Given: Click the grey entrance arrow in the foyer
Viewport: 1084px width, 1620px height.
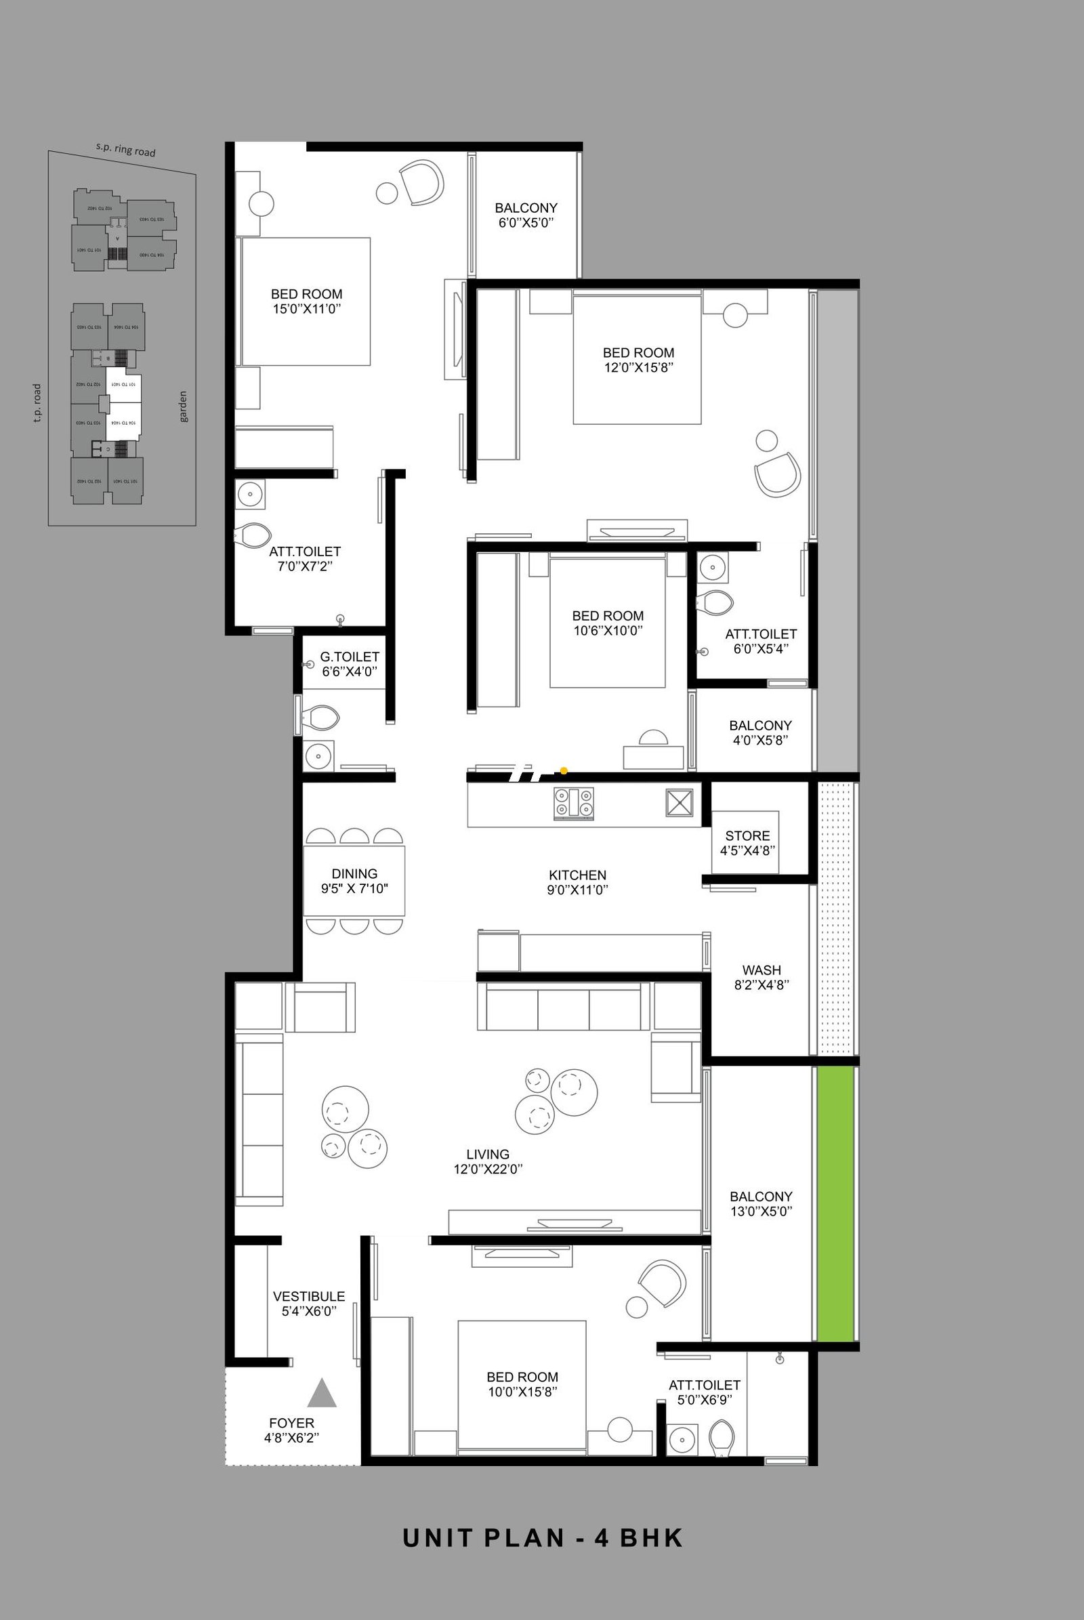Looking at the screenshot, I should [321, 1393].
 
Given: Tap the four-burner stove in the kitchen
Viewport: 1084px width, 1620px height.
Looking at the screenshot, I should [574, 804].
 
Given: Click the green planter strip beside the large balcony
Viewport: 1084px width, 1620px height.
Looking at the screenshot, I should [837, 1203].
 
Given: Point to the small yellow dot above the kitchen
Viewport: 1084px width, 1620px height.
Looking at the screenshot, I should [564, 770].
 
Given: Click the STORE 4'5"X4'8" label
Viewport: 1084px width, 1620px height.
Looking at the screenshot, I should [747, 844].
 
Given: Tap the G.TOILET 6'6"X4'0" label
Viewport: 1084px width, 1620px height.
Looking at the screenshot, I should [349, 664].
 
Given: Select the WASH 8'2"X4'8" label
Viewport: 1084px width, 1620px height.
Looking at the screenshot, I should [761, 978].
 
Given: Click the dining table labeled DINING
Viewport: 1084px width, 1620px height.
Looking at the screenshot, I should [354, 881].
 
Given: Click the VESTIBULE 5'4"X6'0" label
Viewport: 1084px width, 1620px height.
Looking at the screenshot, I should [308, 1304].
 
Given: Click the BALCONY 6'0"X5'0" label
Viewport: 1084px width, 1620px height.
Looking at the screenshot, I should [526, 215].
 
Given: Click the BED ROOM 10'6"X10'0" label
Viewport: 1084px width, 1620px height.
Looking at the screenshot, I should [608, 623].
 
